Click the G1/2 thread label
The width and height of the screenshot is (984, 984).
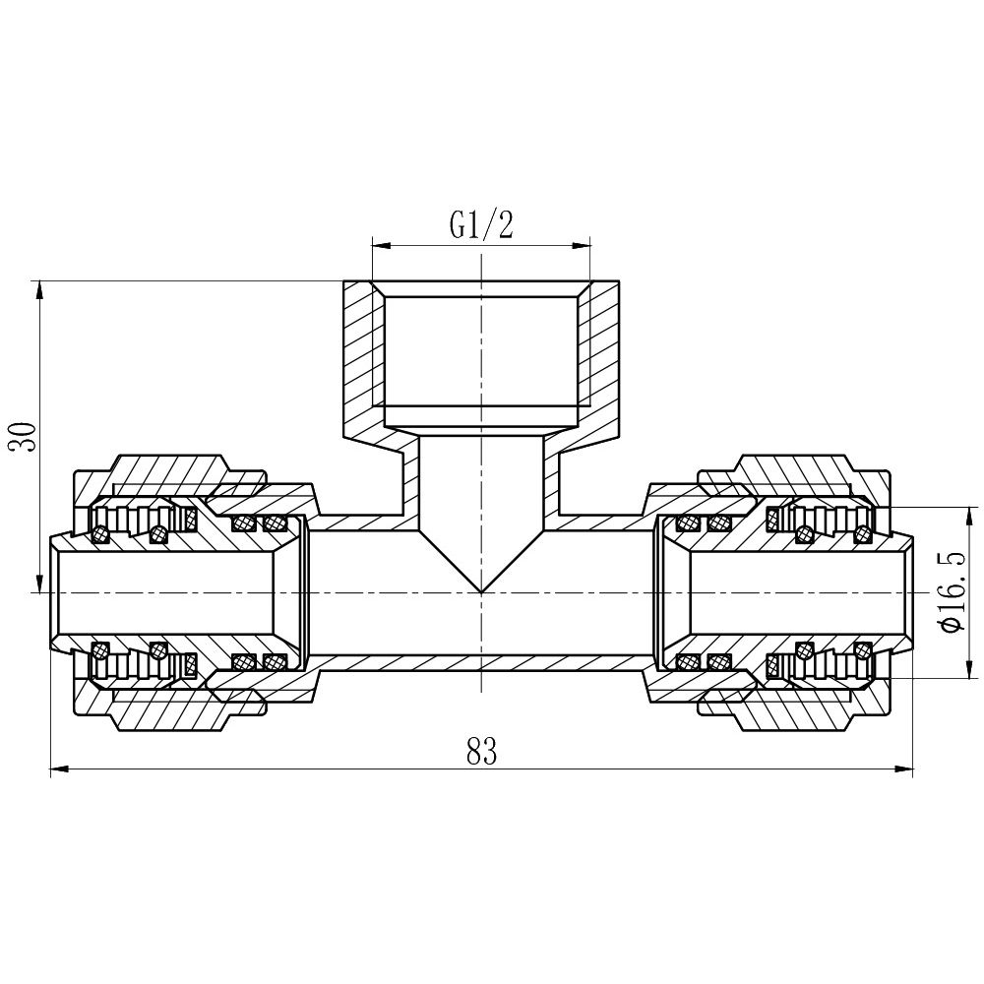pyautogui.click(x=481, y=226)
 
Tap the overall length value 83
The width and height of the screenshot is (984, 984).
pyautogui.click(x=481, y=752)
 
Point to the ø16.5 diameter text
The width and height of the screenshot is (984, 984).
pyautogui.click(x=952, y=592)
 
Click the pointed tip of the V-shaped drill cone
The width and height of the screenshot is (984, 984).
pyautogui.click(x=481, y=591)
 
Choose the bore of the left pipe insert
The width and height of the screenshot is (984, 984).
pyautogui.click(x=167, y=593)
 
